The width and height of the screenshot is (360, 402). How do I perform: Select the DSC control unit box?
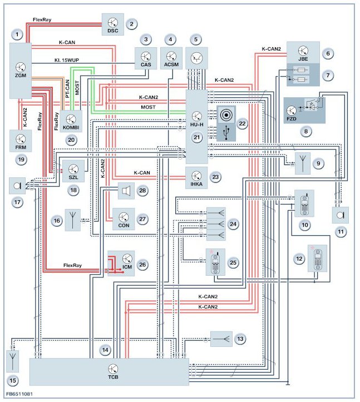point(113,26)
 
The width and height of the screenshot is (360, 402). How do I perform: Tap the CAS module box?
point(146,58)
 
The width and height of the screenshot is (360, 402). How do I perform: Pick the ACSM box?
point(171,58)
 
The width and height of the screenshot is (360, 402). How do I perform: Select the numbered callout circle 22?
point(241,125)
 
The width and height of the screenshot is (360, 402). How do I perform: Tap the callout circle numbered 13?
point(240,338)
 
